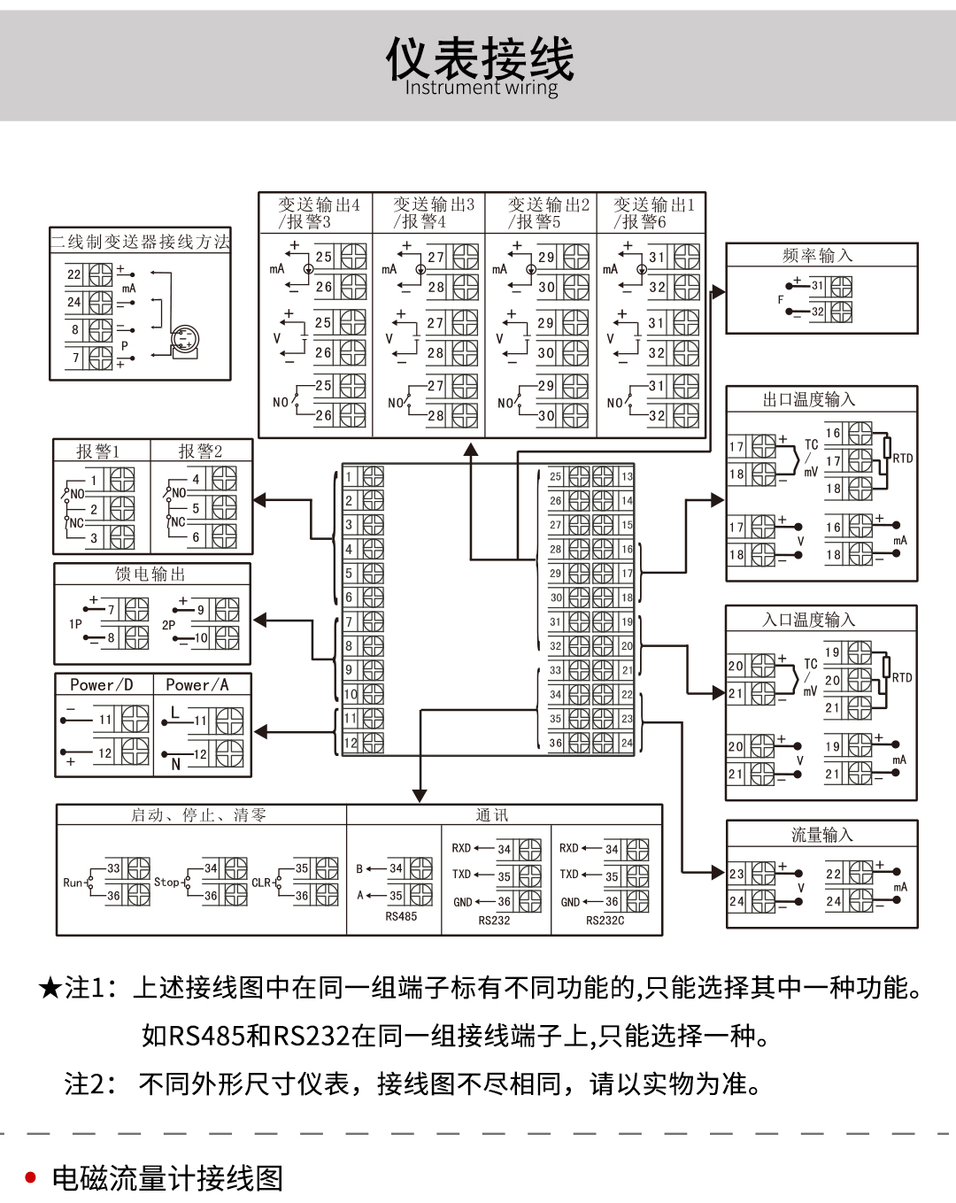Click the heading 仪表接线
click(x=479, y=58)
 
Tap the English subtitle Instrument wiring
click(x=481, y=88)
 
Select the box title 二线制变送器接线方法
click(x=140, y=242)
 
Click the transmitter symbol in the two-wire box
click(x=184, y=340)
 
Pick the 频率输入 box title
click(x=817, y=256)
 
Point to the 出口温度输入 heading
click(x=809, y=400)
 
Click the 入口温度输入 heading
click(x=809, y=620)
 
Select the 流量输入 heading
click(x=821, y=835)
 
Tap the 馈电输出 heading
click(x=150, y=575)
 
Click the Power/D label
click(x=102, y=685)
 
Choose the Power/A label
click(x=197, y=685)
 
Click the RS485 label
click(x=401, y=917)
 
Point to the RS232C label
click(x=605, y=921)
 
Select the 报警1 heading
click(x=97, y=451)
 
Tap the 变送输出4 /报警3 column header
click(x=317, y=213)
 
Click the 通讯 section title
click(x=492, y=815)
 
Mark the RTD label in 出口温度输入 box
click(x=902, y=459)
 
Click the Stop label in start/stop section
click(x=166, y=882)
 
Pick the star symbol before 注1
click(x=50, y=988)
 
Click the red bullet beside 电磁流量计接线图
click(x=31, y=1177)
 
